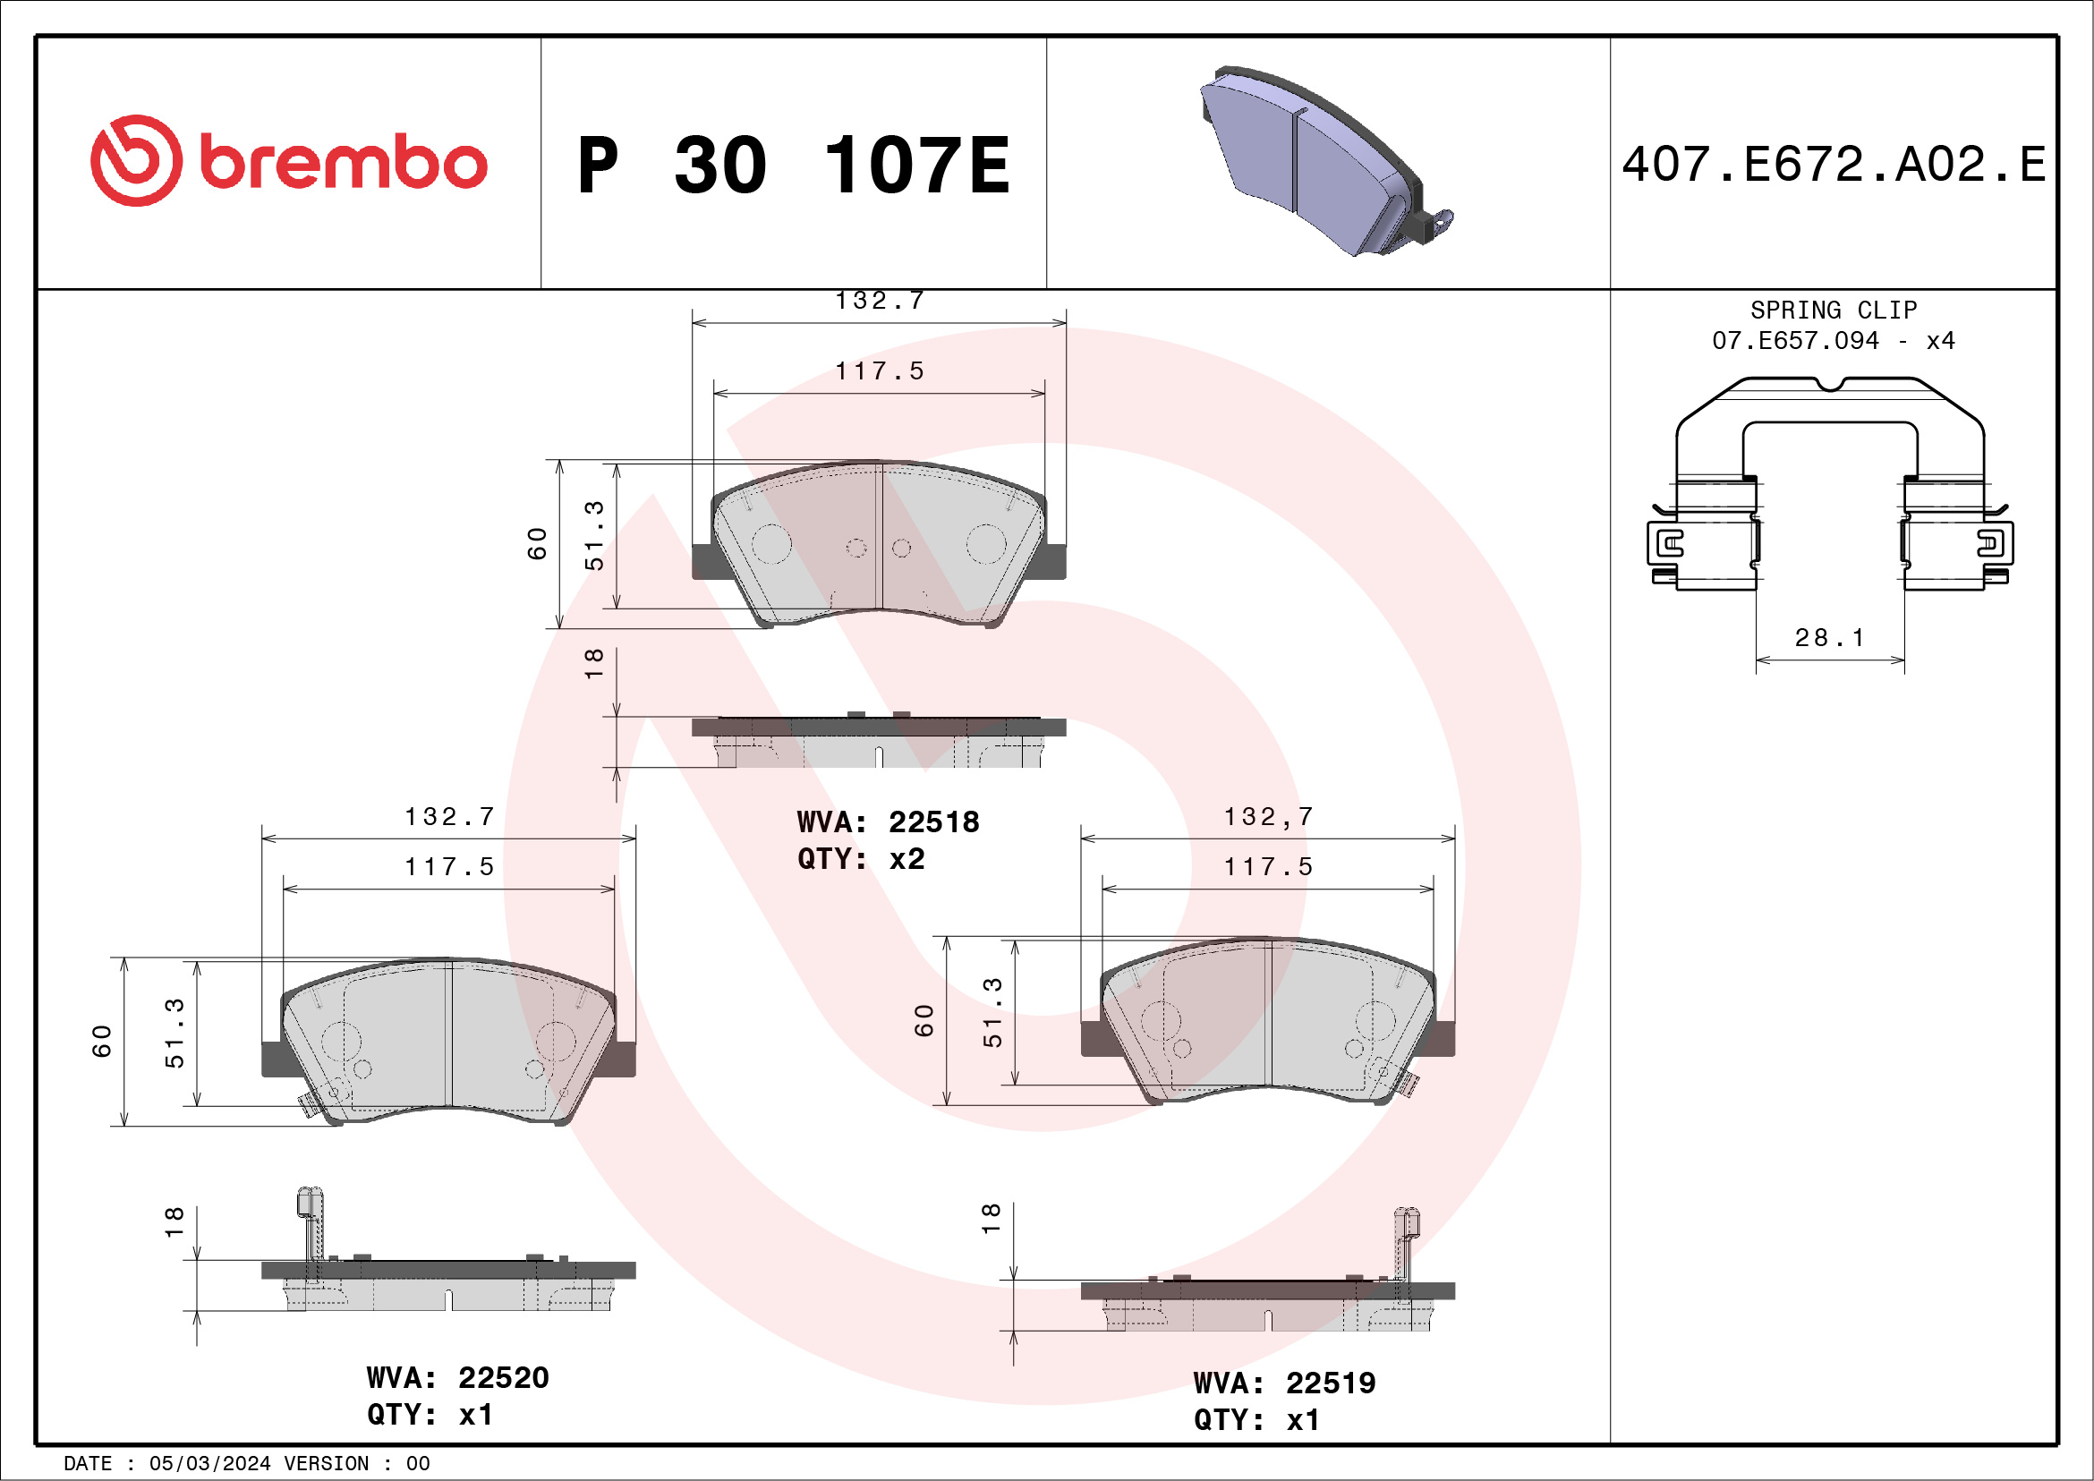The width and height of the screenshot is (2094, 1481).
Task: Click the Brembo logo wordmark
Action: (343, 162)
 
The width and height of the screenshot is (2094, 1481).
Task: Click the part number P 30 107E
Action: (795, 165)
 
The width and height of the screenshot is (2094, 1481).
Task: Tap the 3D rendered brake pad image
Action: (1326, 160)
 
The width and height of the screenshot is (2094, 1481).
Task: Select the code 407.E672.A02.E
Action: (1834, 164)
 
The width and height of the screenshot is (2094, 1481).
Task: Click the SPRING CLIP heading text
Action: (1834, 310)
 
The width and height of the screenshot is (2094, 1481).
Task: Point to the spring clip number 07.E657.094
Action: (1795, 341)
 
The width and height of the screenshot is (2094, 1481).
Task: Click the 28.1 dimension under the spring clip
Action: (1829, 637)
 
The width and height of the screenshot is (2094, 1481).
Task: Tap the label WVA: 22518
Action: (888, 822)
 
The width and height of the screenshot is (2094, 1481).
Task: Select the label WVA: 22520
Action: (458, 1378)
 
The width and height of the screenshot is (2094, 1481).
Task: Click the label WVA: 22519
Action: (1284, 1383)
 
